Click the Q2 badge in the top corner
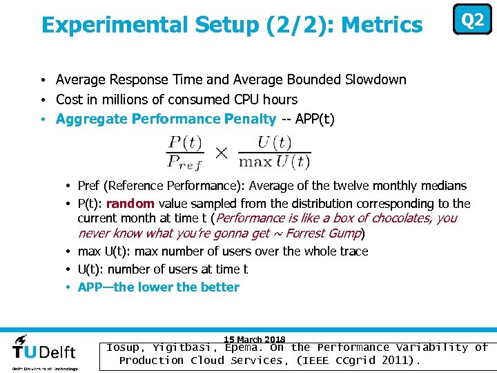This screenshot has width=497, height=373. click(x=472, y=20)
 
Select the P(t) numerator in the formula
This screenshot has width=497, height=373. click(x=185, y=143)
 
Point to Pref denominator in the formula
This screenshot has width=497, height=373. click(x=185, y=162)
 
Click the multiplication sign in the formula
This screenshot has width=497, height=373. click(x=221, y=153)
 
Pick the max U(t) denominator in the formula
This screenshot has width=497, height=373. click(x=274, y=162)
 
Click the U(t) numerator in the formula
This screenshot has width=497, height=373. click(x=274, y=143)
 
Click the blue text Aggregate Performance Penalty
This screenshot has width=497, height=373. click(x=166, y=119)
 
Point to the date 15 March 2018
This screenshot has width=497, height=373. click(x=255, y=339)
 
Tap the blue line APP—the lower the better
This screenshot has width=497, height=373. click(x=159, y=287)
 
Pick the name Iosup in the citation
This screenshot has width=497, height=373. click(x=124, y=347)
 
